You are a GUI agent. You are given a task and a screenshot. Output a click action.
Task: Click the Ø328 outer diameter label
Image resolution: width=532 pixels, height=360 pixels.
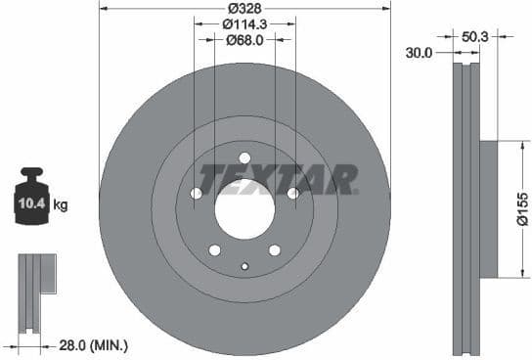(x=244, y=8)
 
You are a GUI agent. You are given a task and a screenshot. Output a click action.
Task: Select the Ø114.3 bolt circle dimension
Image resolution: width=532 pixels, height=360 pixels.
(x=244, y=23)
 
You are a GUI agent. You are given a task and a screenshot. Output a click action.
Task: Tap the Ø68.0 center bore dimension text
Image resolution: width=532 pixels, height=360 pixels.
(x=244, y=40)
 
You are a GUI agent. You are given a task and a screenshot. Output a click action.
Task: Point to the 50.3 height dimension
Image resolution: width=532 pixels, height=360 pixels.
(x=476, y=36)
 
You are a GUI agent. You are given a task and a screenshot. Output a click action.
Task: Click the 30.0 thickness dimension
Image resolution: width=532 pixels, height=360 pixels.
(x=419, y=53)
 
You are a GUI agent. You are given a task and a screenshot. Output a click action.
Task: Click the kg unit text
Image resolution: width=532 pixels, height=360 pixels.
(x=60, y=205)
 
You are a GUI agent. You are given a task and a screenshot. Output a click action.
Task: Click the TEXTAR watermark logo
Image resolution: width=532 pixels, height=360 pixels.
(x=279, y=180)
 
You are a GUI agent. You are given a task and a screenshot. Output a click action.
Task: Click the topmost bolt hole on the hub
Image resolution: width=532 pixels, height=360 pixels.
(x=244, y=158)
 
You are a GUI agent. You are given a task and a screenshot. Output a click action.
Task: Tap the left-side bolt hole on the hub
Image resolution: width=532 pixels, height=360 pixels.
(x=197, y=194)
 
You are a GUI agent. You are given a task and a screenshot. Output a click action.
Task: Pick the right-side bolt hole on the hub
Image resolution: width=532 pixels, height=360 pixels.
(x=292, y=194)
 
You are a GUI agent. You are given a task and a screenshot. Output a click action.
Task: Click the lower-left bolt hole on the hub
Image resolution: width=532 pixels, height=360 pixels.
(x=214, y=249)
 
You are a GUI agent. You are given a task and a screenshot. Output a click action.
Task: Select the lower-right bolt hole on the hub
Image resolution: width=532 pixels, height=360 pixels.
(x=275, y=249)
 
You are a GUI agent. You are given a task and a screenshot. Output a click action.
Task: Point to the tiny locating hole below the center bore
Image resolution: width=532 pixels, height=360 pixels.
(x=244, y=266)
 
